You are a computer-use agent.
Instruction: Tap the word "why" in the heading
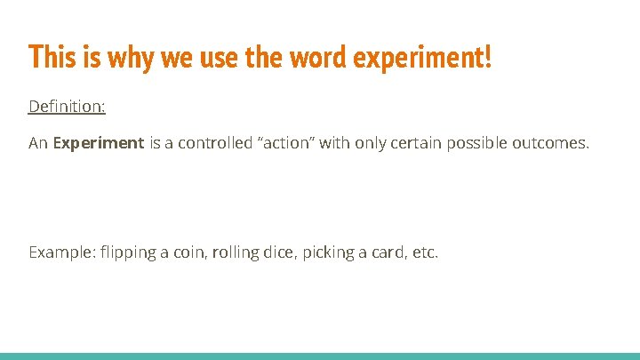pyautogui.click(x=119, y=58)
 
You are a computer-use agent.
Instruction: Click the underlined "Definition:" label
pyautogui.click(x=67, y=107)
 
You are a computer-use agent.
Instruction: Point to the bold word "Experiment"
pyautogui.click(x=98, y=142)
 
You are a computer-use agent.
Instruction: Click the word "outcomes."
pyautogui.click(x=551, y=142)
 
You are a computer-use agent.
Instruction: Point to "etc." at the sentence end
pyautogui.click(x=425, y=252)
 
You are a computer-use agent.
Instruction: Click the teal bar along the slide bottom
pyautogui.click(x=320, y=356)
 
